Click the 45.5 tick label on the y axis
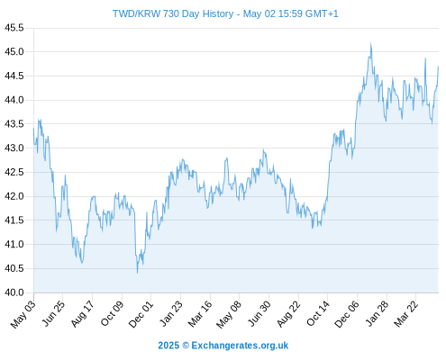pos(14,28)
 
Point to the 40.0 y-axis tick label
pos(14,292)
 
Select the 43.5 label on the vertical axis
pos(14,124)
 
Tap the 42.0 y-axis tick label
pos(14,196)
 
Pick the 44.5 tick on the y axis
pos(14,76)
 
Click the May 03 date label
pos(23,314)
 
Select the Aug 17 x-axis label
pos(82,313)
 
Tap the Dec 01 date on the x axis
pos(141,314)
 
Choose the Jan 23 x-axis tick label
pos(170,313)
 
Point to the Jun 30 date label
pos(259,313)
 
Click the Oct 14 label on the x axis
pos(318,313)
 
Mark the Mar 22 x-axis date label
pos(406,314)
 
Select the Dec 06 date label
pos(347,314)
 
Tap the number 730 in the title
pos(171,13)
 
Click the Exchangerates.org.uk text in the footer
pos(240,346)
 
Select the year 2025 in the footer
pos(168,346)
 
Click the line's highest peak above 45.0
pos(371,43)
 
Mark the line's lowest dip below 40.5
pos(138,273)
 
